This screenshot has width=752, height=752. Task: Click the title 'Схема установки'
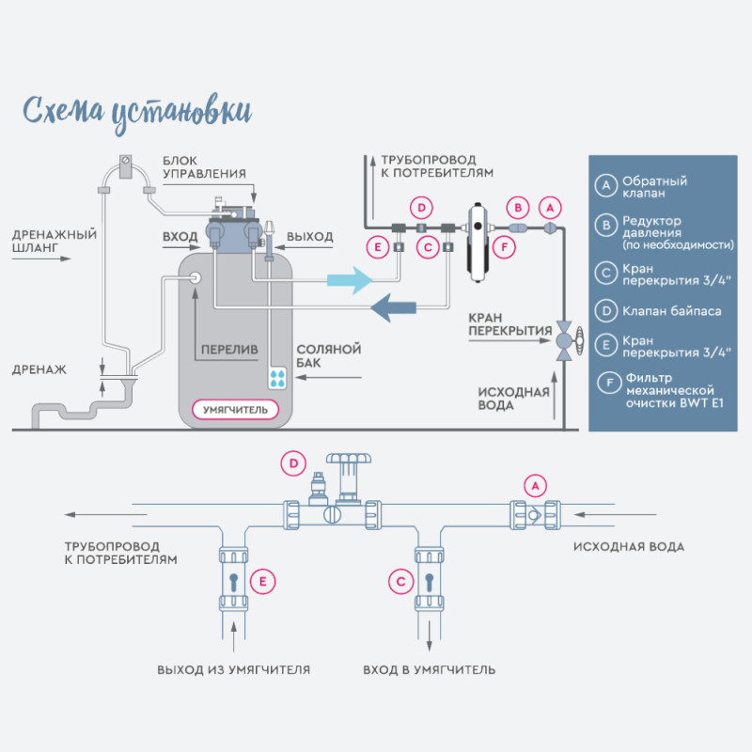[x=136, y=108]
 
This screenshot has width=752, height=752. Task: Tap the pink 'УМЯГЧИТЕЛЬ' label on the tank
[x=235, y=410]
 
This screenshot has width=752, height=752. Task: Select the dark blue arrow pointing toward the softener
[x=391, y=306]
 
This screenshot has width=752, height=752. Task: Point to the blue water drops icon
[x=279, y=378]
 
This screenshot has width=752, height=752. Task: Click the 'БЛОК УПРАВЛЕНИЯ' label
[x=204, y=166]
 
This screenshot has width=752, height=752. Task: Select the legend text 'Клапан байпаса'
[x=671, y=310]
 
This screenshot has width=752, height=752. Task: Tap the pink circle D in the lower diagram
[x=294, y=463]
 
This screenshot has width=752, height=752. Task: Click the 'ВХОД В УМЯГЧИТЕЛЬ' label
[x=430, y=670]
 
